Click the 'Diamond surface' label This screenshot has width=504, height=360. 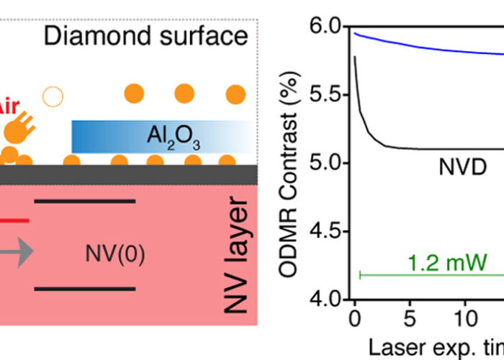145,37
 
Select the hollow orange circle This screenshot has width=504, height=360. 52,95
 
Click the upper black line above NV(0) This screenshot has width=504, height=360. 85,201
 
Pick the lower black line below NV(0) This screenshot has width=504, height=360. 85,289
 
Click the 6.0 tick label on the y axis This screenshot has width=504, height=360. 325,27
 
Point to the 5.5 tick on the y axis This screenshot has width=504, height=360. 325,95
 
